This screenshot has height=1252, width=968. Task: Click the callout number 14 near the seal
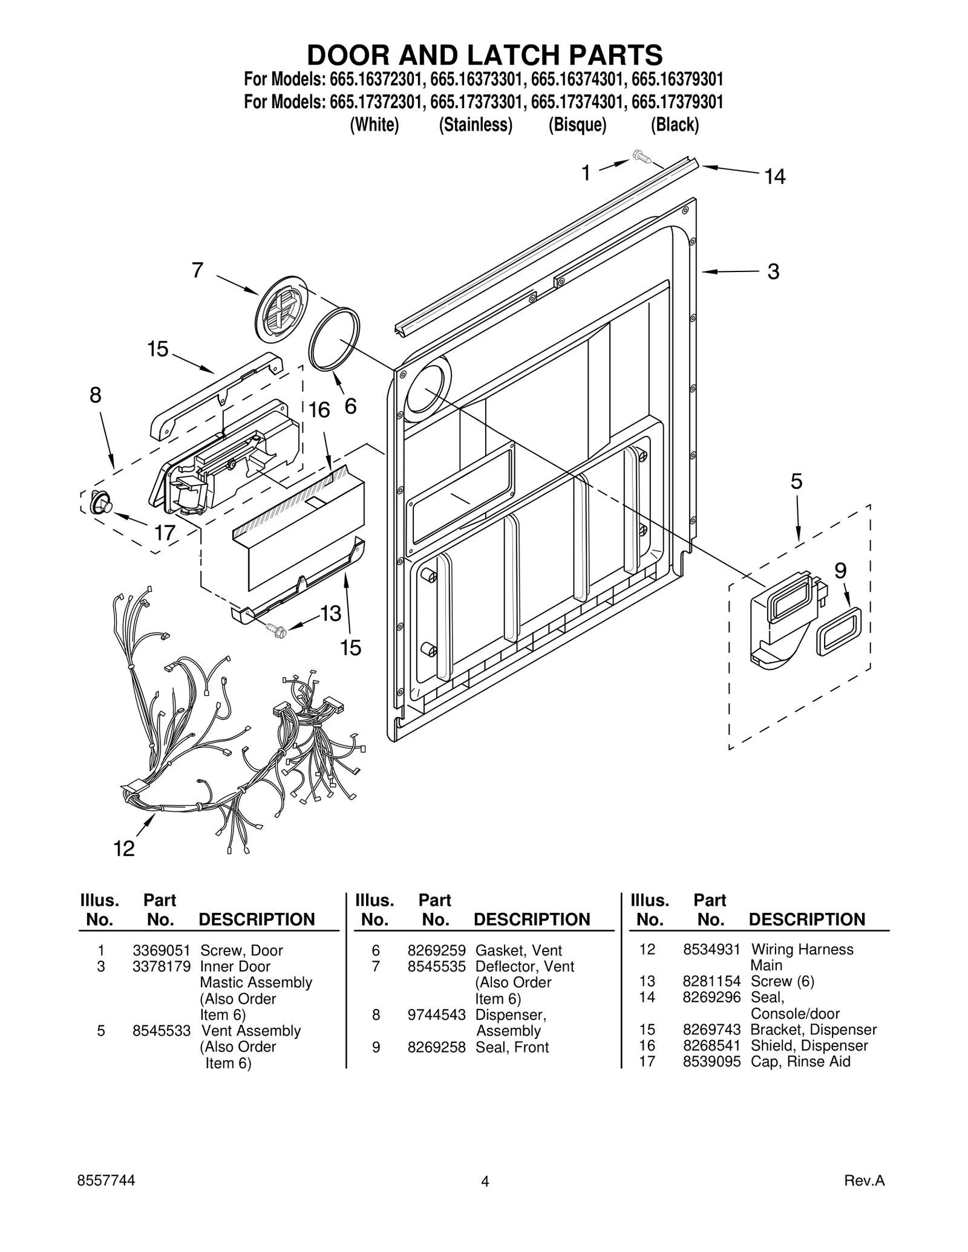[x=774, y=177]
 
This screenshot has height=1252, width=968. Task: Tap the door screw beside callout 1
[x=641, y=157]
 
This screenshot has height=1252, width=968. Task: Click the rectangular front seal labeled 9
[x=839, y=631]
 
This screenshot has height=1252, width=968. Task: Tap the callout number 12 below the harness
[x=124, y=849]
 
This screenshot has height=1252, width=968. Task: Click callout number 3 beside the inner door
[x=773, y=272]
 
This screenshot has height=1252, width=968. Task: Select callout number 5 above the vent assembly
[x=796, y=482]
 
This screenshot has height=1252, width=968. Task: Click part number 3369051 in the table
[x=162, y=950]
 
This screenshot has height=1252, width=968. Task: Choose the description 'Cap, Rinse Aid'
[x=800, y=1062]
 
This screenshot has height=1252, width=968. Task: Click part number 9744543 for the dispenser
[x=436, y=1015]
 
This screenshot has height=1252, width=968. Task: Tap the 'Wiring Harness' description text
[x=802, y=949]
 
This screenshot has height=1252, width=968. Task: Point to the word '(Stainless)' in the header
[x=476, y=125]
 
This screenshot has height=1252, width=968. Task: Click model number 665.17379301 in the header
[x=677, y=102]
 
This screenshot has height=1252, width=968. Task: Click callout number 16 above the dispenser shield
[x=319, y=410]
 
